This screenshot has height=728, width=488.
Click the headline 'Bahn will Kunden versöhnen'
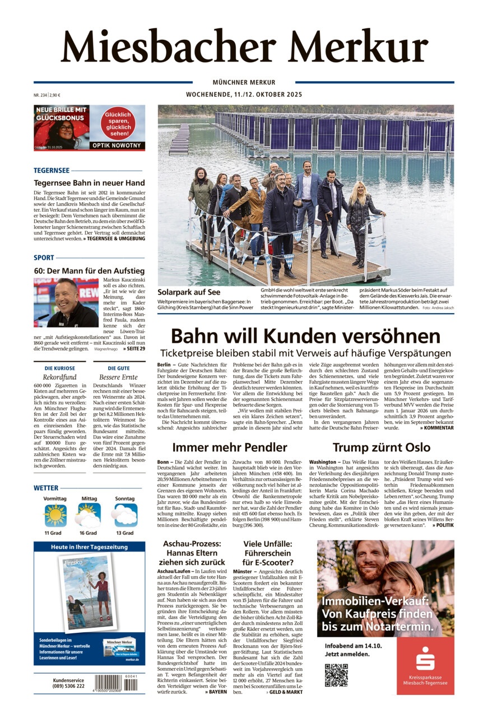tap(305, 336)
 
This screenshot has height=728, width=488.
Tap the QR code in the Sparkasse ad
tap(336, 675)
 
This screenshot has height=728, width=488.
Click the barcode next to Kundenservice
tap(108, 683)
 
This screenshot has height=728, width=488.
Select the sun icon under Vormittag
tap(55, 515)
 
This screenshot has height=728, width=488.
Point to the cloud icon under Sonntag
tap(124, 515)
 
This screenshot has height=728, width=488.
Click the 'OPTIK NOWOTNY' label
tap(117, 146)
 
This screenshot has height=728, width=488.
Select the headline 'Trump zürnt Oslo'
tap(381, 447)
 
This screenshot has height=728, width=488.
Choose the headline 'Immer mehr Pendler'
tap(230, 447)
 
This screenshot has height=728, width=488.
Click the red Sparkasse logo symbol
tap(425, 659)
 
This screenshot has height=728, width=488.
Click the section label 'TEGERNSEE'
tap(52, 170)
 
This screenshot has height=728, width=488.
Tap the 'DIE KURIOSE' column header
tap(59, 368)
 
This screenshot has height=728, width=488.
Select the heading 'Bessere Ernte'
tap(119, 377)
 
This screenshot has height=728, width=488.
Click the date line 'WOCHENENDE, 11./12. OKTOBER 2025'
tap(244, 95)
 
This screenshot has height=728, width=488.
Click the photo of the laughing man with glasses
tap(66, 302)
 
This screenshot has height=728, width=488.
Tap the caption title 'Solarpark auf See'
tap(181, 292)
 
